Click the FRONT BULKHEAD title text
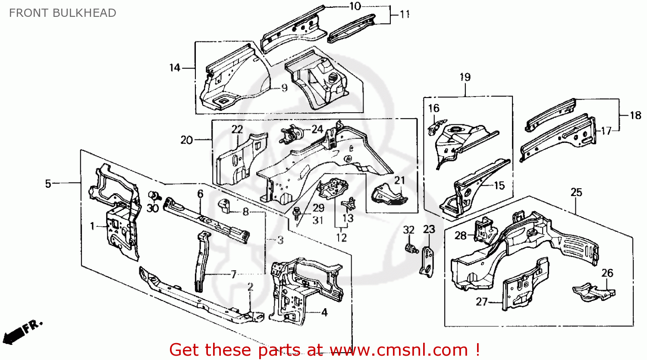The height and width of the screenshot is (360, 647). click(63, 13)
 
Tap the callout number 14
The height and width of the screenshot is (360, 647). click(175, 68)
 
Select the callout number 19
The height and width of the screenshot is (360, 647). click(465, 77)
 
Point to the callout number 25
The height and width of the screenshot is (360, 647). click(576, 192)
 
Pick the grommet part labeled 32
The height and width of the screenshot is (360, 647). click(410, 249)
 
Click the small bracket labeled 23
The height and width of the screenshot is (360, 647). click(427, 262)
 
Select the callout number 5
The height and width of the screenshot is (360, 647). click(48, 184)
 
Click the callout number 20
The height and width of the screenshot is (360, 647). click(186, 140)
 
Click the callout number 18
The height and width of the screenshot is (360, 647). click(635, 115)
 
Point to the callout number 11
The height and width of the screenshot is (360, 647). click(404, 14)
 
